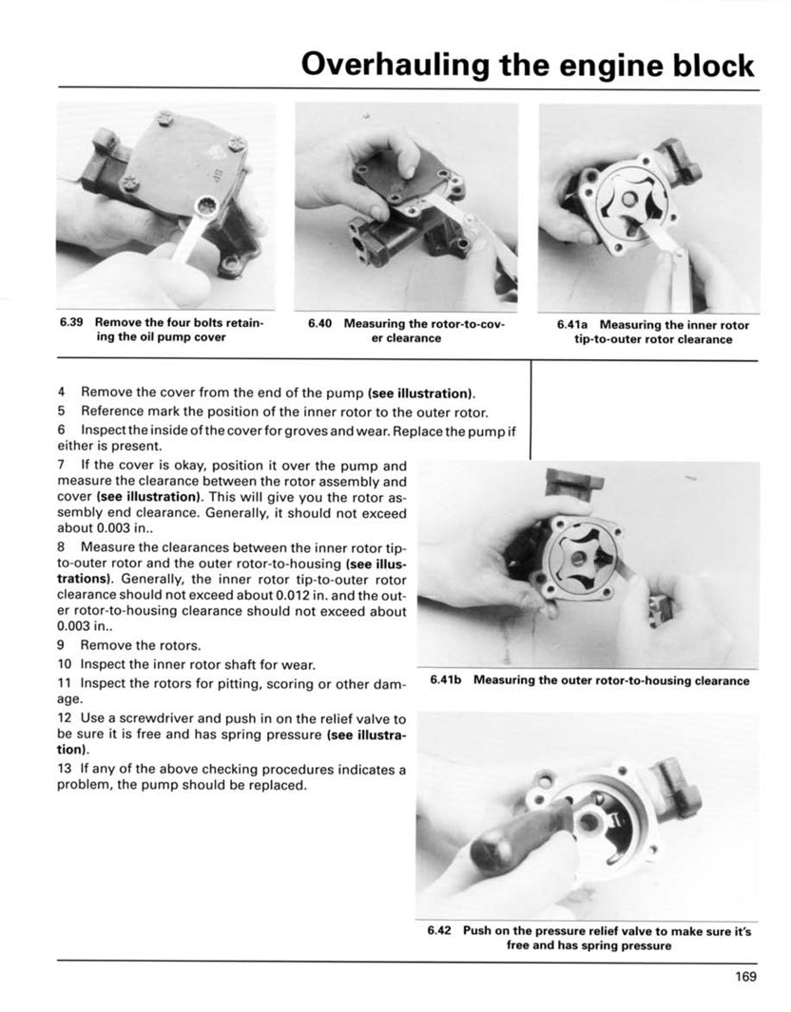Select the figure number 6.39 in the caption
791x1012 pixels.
71,323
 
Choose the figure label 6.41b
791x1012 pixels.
446,680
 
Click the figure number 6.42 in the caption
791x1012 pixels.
438,931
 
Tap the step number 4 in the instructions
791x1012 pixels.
61,391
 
